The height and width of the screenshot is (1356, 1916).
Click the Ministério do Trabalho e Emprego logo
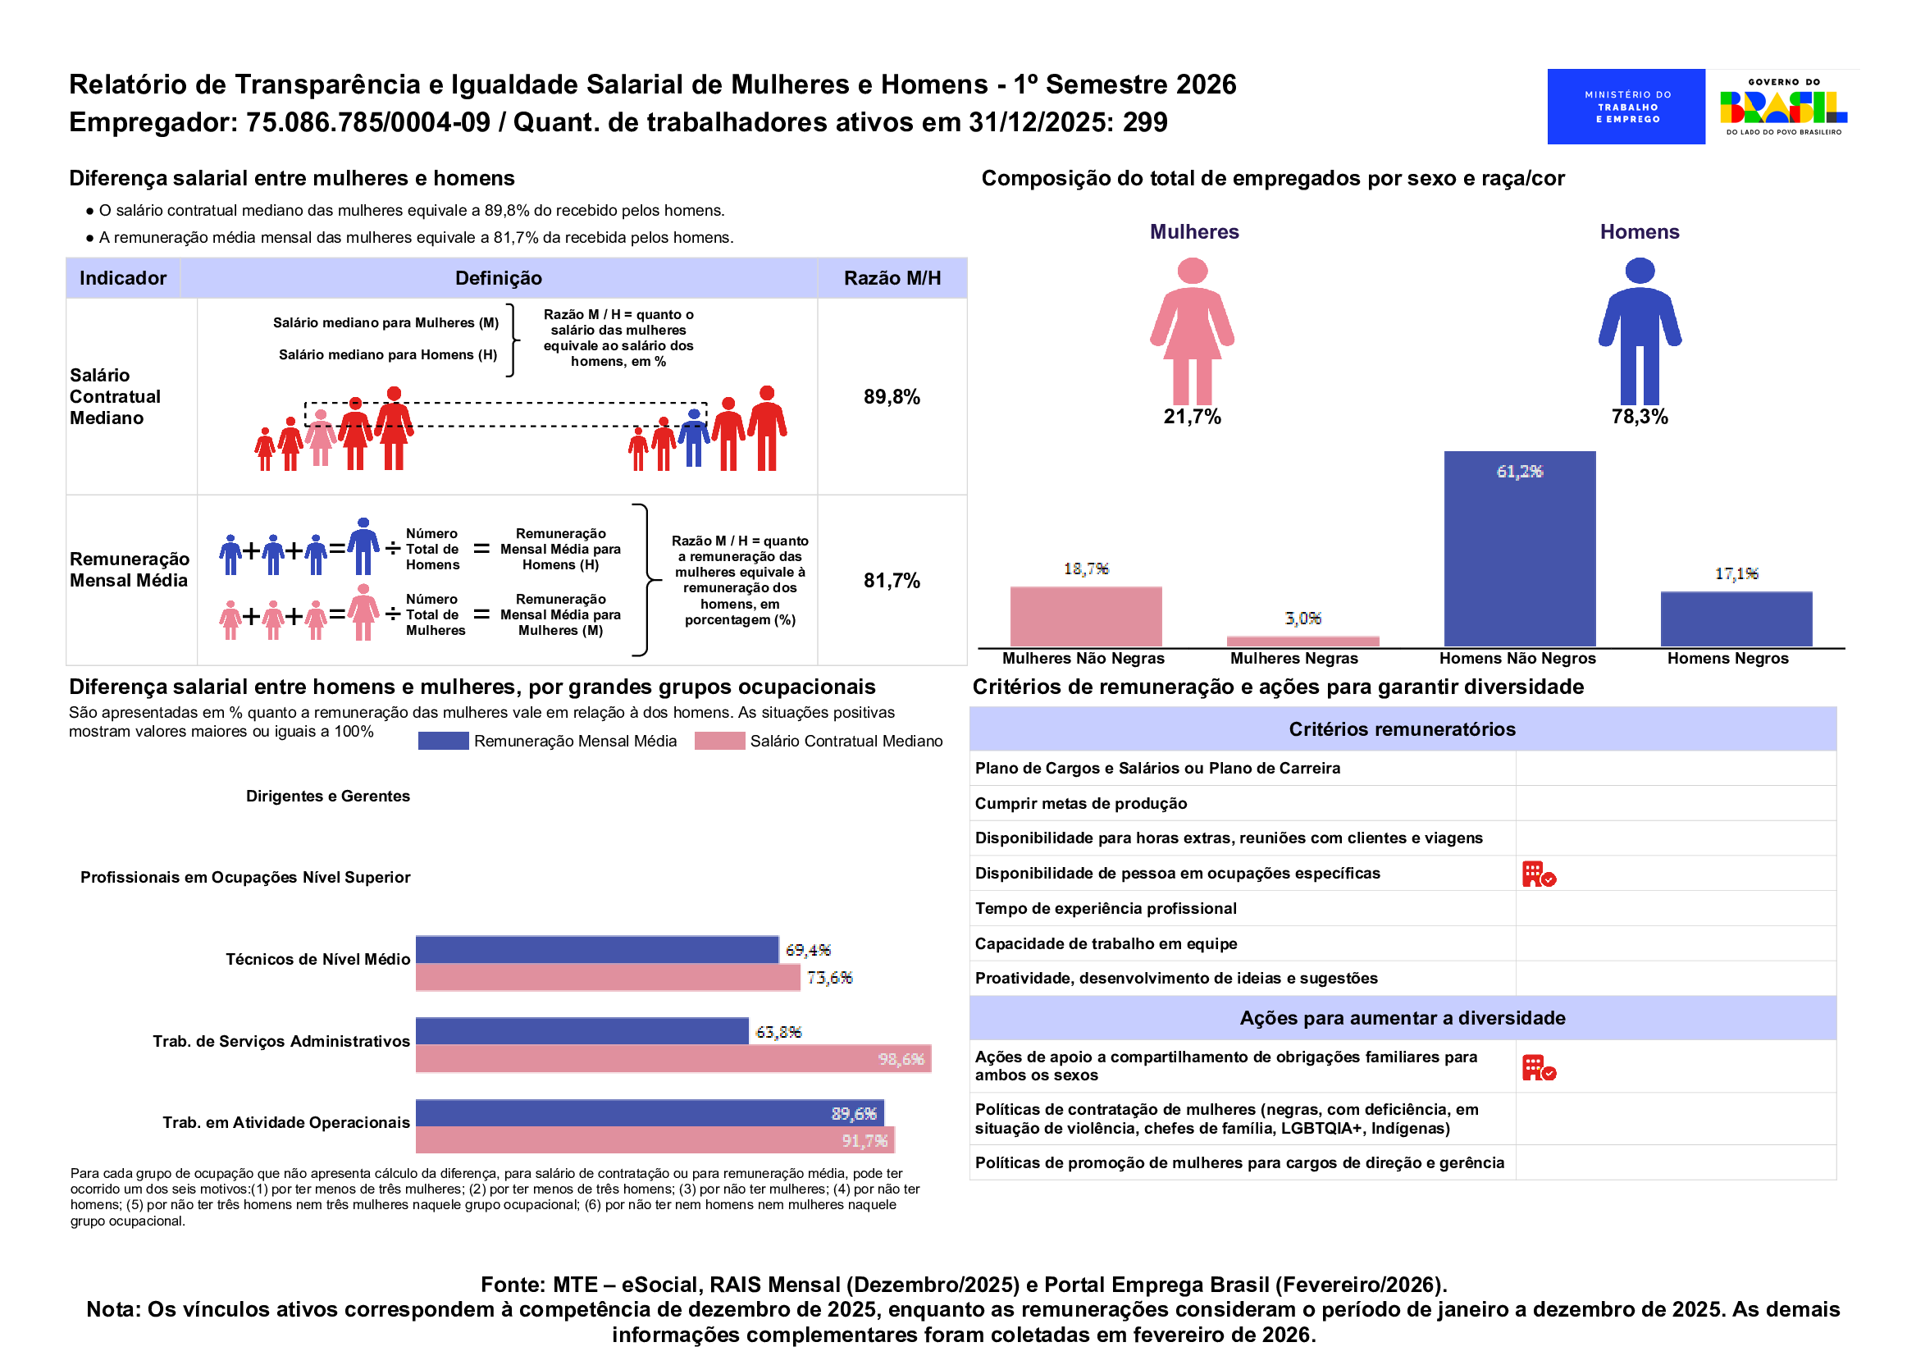(x=1626, y=107)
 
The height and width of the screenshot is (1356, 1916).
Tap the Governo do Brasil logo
(x=1783, y=107)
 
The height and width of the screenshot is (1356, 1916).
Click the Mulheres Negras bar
(x=1302, y=641)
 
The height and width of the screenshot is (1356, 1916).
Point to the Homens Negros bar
(x=1736, y=619)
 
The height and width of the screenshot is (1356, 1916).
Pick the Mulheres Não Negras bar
(x=1085, y=616)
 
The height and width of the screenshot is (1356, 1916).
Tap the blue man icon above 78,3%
(x=1639, y=331)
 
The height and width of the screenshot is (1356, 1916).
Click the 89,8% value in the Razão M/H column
(x=892, y=397)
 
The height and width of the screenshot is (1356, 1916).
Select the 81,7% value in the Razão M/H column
(x=892, y=581)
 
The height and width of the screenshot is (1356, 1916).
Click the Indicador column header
(x=123, y=278)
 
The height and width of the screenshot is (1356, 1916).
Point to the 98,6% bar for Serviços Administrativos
(x=673, y=1059)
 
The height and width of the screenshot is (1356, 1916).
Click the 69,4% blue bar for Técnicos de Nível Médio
(x=597, y=950)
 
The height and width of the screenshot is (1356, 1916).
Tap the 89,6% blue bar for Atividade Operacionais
(x=650, y=1113)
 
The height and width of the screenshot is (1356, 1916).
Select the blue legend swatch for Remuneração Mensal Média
(x=442, y=741)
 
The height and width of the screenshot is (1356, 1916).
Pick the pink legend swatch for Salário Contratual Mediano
(x=718, y=741)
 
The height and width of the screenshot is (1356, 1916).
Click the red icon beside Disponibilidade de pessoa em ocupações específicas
(x=1539, y=874)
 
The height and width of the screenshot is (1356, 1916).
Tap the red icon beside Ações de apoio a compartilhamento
(x=1539, y=1068)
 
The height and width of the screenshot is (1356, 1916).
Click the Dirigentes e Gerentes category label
(x=328, y=797)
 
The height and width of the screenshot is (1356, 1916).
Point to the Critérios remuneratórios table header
(x=1402, y=729)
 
